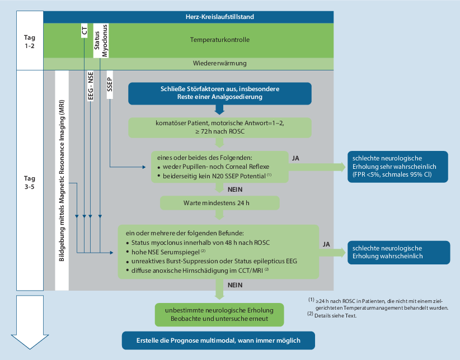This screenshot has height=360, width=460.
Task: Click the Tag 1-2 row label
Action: point(30,41)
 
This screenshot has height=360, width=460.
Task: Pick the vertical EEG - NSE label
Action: point(90,84)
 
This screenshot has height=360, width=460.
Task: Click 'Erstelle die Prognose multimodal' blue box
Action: point(218,341)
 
